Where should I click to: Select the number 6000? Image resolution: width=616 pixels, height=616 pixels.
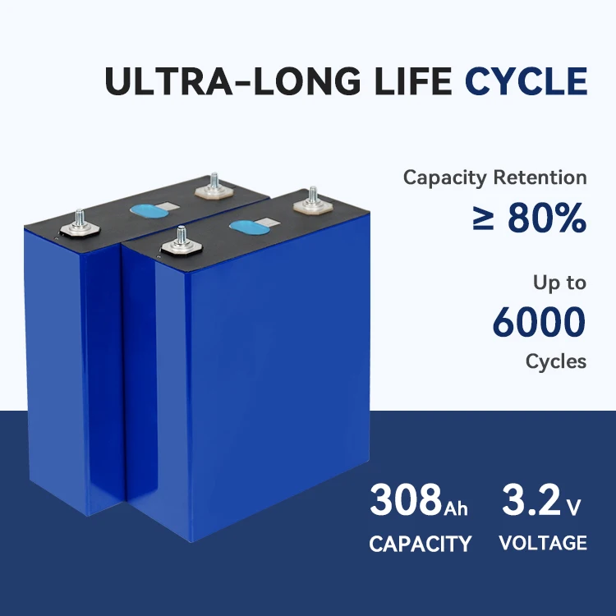click(539, 322)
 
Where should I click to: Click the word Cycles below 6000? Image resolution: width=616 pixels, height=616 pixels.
click(556, 361)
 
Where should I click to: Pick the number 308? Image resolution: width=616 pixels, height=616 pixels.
click(406, 500)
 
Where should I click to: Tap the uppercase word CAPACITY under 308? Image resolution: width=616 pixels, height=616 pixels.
click(420, 543)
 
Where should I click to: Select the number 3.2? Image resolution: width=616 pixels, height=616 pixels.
click(530, 500)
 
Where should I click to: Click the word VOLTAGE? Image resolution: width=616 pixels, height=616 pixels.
click(543, 542)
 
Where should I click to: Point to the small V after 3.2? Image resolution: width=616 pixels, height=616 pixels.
click(574, 508)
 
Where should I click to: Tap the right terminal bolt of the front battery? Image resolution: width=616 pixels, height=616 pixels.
click(312, 200)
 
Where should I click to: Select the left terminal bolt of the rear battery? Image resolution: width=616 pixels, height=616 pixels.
click(80, 219)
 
